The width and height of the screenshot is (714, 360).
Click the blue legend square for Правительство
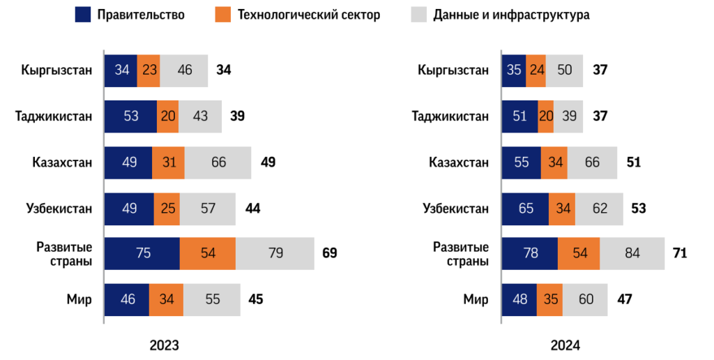click(83, 15)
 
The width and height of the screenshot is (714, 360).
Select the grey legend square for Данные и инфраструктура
click(418, 15)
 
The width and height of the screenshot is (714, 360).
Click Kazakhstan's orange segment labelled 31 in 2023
click(168, 163)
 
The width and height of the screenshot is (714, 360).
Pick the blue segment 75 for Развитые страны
click(142, 253)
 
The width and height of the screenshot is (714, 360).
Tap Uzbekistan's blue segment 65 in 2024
click(525, 209)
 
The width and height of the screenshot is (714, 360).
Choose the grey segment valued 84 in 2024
click(632, 253)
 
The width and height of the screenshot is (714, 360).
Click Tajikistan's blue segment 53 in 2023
click(130, 117)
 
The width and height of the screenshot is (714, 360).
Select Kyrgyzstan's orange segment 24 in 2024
click(535, 70)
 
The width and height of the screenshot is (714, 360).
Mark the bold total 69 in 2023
click(329, 253)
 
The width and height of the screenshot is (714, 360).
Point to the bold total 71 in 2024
click(680, 253)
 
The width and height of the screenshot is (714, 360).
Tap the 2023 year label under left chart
click(165, 345)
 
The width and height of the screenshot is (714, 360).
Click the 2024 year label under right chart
click(565, 345)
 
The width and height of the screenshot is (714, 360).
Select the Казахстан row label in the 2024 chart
click(459, 163)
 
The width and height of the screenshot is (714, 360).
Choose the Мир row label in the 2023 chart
click(79, 300)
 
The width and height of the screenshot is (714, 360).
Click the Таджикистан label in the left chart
click(54, 117)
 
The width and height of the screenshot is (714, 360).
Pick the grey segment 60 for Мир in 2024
click(585, 300)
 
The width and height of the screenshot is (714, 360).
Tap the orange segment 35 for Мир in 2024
click(549, 300)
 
